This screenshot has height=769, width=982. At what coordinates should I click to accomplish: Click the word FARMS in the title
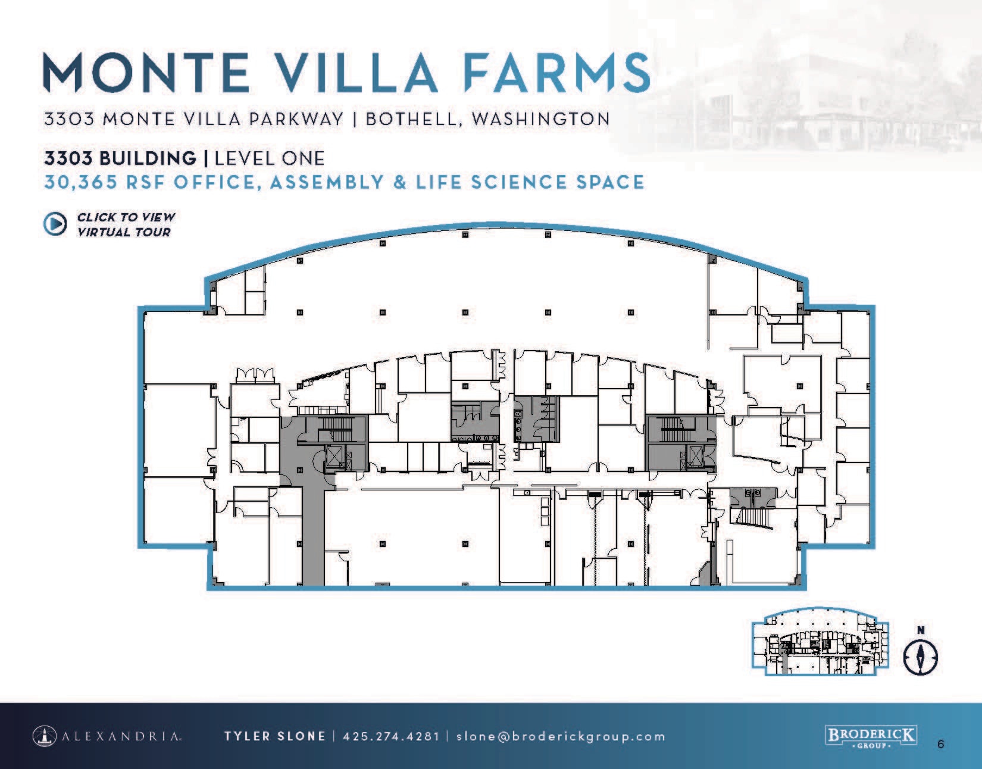point(556,73)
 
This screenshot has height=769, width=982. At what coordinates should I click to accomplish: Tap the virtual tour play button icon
point(55,224)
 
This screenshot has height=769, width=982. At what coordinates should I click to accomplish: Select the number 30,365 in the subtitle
point(81,182)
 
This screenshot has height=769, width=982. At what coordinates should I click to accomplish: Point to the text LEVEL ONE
point(270,158)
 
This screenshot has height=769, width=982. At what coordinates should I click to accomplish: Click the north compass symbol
point(920,657)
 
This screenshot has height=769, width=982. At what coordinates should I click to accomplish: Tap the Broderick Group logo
point(870,737)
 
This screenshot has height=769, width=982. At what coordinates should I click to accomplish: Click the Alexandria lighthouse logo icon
point(45,736)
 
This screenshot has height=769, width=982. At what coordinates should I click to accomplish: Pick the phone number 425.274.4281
point(391,736)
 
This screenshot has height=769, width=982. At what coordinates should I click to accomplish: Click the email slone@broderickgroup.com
point(561,736)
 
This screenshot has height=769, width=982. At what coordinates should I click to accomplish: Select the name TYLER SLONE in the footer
point(274,736)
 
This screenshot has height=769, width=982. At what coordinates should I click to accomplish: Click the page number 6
point(940,744)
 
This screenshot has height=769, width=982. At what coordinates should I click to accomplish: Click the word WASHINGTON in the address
point(540,118)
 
